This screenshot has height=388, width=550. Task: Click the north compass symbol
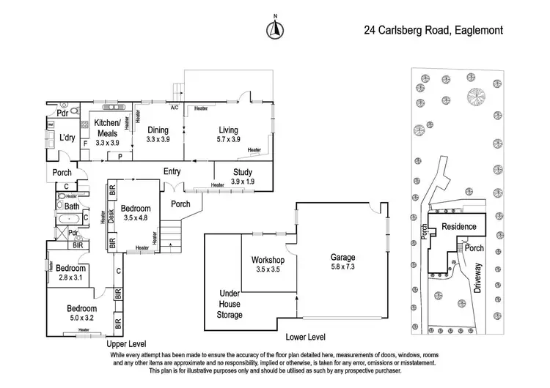point(276,29)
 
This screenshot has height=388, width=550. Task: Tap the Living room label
point(228,134)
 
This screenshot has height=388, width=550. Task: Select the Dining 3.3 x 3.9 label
point(158,134)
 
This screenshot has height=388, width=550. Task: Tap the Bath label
point(71,207)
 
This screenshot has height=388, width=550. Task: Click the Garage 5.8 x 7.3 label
point(342,263)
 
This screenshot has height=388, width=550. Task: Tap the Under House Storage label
point(230,303)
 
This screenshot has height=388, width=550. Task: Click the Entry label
point(172,171)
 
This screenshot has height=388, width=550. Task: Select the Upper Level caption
point(127,343)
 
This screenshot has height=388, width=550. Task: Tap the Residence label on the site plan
point(458,227)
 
